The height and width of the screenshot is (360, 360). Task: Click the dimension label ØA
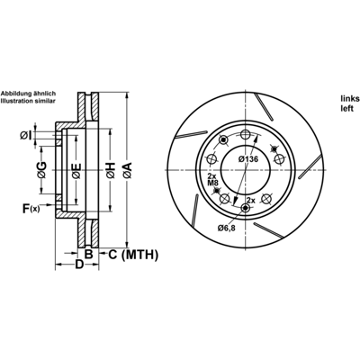(x=127, y=170)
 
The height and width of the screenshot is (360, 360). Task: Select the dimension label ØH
(x=111, y=170)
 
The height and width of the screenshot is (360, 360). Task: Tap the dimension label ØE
(x=76, y=171)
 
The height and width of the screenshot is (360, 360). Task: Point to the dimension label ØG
(x=42, y=170)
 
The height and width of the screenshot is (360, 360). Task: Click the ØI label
(x=26, y=136)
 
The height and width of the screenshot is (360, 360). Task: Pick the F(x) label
(x=31, y=208)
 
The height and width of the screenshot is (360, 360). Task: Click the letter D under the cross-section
(x=78, y=265)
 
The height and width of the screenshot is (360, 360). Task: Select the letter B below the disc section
(x=88, y=254)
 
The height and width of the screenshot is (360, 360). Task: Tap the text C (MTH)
(x=132, y=255)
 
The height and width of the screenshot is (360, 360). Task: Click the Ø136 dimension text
(x=248, y=159)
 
